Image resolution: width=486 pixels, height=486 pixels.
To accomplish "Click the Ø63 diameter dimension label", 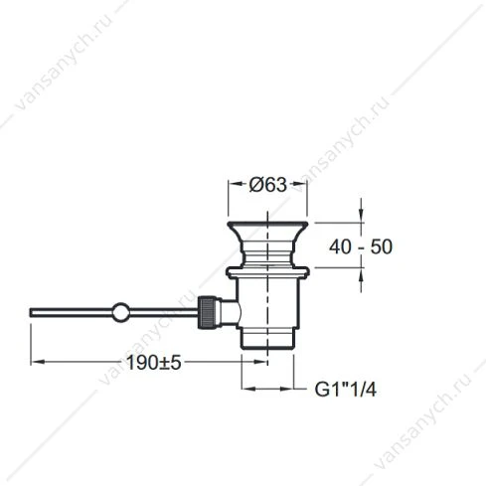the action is (267, 185).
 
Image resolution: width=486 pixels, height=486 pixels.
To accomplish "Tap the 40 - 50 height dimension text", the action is (361, 246).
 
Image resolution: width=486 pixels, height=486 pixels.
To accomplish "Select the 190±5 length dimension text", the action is (154, 363).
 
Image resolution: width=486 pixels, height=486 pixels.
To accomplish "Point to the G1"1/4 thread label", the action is (346, 390).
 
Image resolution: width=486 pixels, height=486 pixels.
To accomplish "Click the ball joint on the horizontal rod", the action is (120, 312).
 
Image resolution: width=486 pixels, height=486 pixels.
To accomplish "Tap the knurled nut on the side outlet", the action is (207, 313).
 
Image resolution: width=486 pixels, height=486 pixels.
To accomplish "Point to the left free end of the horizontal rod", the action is (31, 313).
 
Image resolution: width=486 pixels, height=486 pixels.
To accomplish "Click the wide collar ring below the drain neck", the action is (267, 272).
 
